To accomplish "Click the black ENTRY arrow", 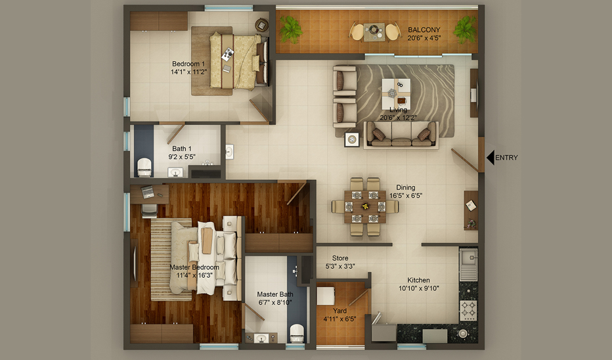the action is click(491, 158).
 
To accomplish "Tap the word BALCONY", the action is click(424, 30).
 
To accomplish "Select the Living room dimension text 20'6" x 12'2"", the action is click(398, 118).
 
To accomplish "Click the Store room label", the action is click(340, 258).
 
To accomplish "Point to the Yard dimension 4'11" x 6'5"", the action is click(340, 319).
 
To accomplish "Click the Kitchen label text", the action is click(418, 280).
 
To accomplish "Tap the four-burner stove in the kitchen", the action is click(468, 311).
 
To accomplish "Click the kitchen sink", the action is click(468, 264).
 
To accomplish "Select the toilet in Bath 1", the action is click(144, 168).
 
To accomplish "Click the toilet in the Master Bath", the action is click(297, 334).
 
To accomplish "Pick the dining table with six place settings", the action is click(364, 206).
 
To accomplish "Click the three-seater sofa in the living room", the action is click(401, 135).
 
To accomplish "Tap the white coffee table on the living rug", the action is click(396, 94).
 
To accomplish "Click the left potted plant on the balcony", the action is click(291, 30).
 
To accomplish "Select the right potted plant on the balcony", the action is click(464, 30).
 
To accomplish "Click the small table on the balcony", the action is click(374, 32).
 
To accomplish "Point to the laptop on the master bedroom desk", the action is click(148, 192).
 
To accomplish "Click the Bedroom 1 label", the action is click(188, 64).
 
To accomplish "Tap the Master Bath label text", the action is click(275, 294).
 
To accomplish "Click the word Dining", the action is click(406, 187).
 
